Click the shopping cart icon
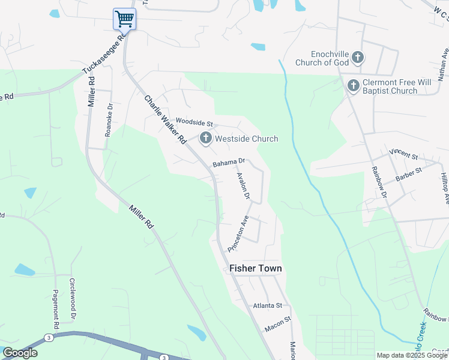pos(124,19)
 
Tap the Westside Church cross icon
pos(206,139)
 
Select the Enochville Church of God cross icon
pos(358,58)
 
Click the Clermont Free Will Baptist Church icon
pos(353,86)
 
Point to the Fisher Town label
pos(255,269)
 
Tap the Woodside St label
pos(194,123)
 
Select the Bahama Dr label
pos(229,162)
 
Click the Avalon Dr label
pos(243,186)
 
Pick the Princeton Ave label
pos(238,234)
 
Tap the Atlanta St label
pos(267,305)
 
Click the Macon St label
pos(278,325)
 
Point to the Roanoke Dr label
pos(109,121)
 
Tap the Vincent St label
pos(403,154)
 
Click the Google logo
pos(20,353)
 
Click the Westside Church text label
pos(247,139)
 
